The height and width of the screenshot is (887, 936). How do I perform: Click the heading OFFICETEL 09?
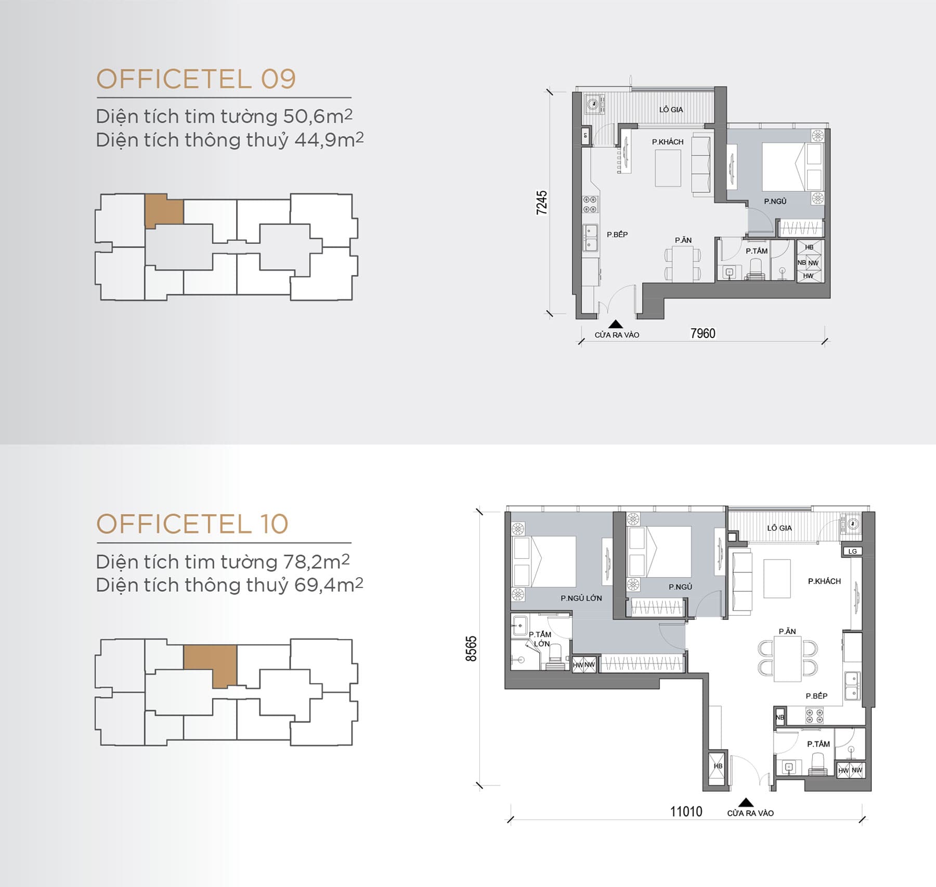pyautogui.click(x=196, y=79)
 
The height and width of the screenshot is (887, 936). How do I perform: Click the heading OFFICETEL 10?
pyautogui.click(x=192, y=524)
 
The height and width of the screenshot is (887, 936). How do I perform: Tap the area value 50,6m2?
pyautogui.click(x=318, y=116)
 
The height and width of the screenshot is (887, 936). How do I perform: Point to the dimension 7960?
pyautogui.click(x=703, y=333)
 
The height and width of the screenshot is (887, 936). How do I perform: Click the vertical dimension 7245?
pyautogui.click(x=542, y=202)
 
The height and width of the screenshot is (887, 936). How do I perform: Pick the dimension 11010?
pyautogui.click(x=686, y=812)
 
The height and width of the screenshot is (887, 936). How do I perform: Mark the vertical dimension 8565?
pyautogui.click(x=471, y=648)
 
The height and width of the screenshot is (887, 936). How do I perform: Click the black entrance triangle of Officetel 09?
pyautogui.click(x=616, y=324)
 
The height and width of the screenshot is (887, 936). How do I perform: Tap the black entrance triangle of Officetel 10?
pyautogui.click(x=746, y=802)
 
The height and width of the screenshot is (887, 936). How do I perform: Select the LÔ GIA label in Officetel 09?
pyautogui.click(x=671, y=110)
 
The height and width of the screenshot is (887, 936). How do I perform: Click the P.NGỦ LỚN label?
pyautogui.click(x=581, y=598)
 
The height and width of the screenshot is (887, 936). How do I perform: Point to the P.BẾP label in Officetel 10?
pyautogui.click(x=816, y=696)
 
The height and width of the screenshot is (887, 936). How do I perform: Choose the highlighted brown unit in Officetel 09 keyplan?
pyautogui.click(x=164, y=211)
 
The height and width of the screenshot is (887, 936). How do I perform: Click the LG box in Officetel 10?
pyautogui.click(x=852, y=551)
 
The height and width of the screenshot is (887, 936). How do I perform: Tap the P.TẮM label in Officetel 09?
pyautogui.click(x=757, y=251)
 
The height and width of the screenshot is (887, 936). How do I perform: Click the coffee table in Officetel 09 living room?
pyautogui.click(x=668, y=168)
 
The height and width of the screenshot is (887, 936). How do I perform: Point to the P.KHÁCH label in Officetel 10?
pyautogui.click(x=824, y=581)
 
